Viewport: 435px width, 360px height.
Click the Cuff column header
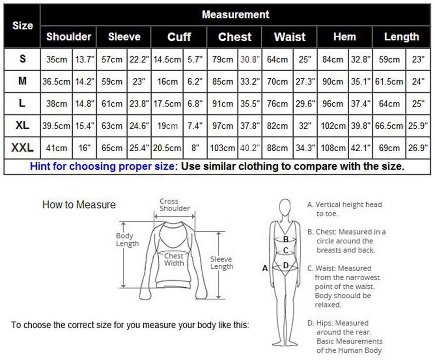(x=179, y=37)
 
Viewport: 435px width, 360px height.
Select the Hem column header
(x=344, y=37)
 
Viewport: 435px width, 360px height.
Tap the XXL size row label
(x=22, y=148)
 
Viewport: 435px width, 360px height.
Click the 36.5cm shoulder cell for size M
(x=56, y=82)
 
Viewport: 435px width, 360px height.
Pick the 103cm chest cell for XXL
(x=222, y=148)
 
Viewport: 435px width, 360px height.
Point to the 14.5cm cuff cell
(x=167, y=60)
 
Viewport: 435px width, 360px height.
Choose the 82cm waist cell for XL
(x=277, y=126)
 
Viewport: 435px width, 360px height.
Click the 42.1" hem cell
(x=360, y=148)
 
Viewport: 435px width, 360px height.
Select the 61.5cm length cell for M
(x=389, y=82)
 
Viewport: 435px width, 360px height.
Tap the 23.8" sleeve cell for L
(x=139, y=104)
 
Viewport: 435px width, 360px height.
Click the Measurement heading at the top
(x=235, y=15)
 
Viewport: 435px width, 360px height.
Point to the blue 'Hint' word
(x=40, y=167)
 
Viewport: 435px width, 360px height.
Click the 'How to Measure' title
(x=79, y=205)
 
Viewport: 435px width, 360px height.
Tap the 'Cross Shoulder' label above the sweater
(x=174, y=205)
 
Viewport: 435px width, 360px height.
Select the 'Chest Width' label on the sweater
(x=174, y=259)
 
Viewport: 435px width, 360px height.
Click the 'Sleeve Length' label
(x=221, y=263)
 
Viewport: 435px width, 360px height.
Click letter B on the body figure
(x=286, y=239)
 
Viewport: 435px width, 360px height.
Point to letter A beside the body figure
(x=265, y=268)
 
